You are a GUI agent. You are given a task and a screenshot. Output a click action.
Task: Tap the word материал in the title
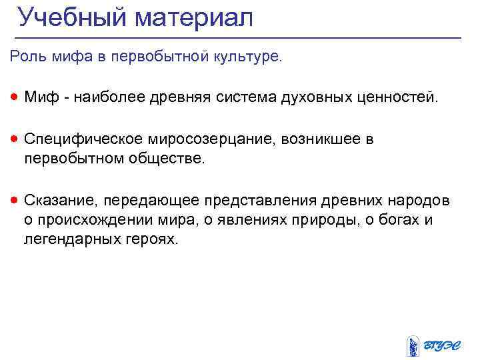click(x=194, y=18)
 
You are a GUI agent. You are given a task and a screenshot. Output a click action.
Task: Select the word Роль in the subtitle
click(x=25, y=57)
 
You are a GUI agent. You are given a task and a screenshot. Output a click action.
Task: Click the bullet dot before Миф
click(x=14, y=99)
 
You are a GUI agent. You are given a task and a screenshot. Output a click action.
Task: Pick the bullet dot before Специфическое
click(x=14, y=140)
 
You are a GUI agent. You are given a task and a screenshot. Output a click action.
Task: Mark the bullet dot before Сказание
click(x=14, y=200)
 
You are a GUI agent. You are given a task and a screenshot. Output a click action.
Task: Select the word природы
click(x=342, y=220)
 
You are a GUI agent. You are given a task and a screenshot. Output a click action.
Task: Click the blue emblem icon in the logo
click(x=413, y=344)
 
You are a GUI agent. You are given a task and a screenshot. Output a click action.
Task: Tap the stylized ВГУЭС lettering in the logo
click(x=443, y=345)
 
